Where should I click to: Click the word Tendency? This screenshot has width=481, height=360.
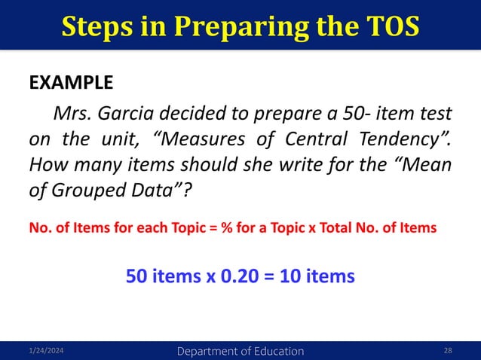(x=408, y=141)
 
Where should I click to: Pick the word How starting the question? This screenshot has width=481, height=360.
(x=47, y=167)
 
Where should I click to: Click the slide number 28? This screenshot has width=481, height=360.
(x=449, y=351)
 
